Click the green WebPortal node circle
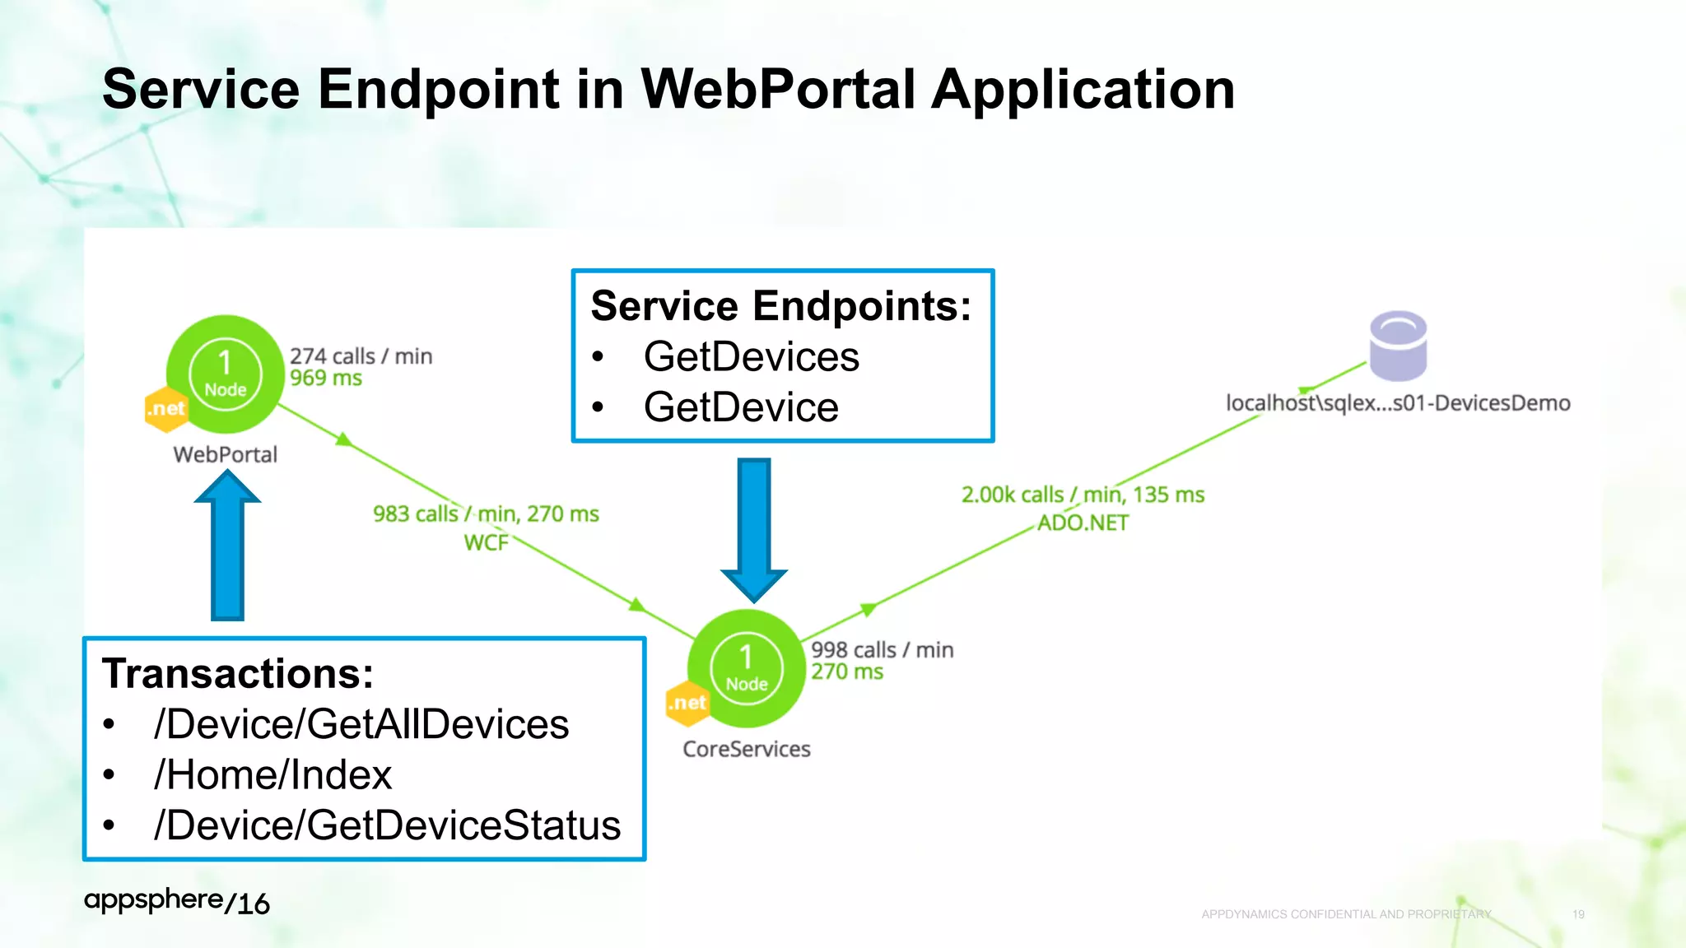click(x=225, y=374)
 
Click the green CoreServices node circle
click(x=746, y=668)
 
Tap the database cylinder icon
click(x=1398, y=346)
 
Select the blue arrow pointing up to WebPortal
click(x=227, y=546)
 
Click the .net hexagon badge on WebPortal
click(x=165, y=409)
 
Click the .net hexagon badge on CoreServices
click(x=687, y=704)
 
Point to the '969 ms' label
click(x=326, y=379)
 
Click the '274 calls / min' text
click(x=361, y=356)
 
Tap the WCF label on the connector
click(x=486, y=543)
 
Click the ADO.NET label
click(x=1083, y=523)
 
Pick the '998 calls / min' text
click(x=882, y=650)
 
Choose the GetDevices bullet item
click(x=751, y=357)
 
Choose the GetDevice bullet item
click(x=741, y=407)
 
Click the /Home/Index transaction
click(x=272, y=775)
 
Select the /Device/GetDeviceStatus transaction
click(x=387, y=825)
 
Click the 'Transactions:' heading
click(x=238, y=674)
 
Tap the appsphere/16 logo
click(x=176, y=902)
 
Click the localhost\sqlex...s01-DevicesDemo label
click(x=1398, y=403)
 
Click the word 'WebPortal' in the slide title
click(x=778, y=89)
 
